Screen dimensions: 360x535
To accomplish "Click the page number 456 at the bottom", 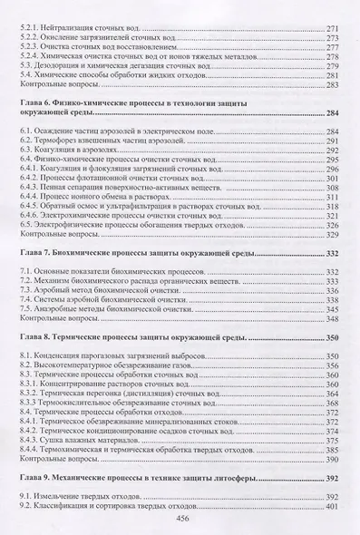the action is [x=180, y=518].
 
